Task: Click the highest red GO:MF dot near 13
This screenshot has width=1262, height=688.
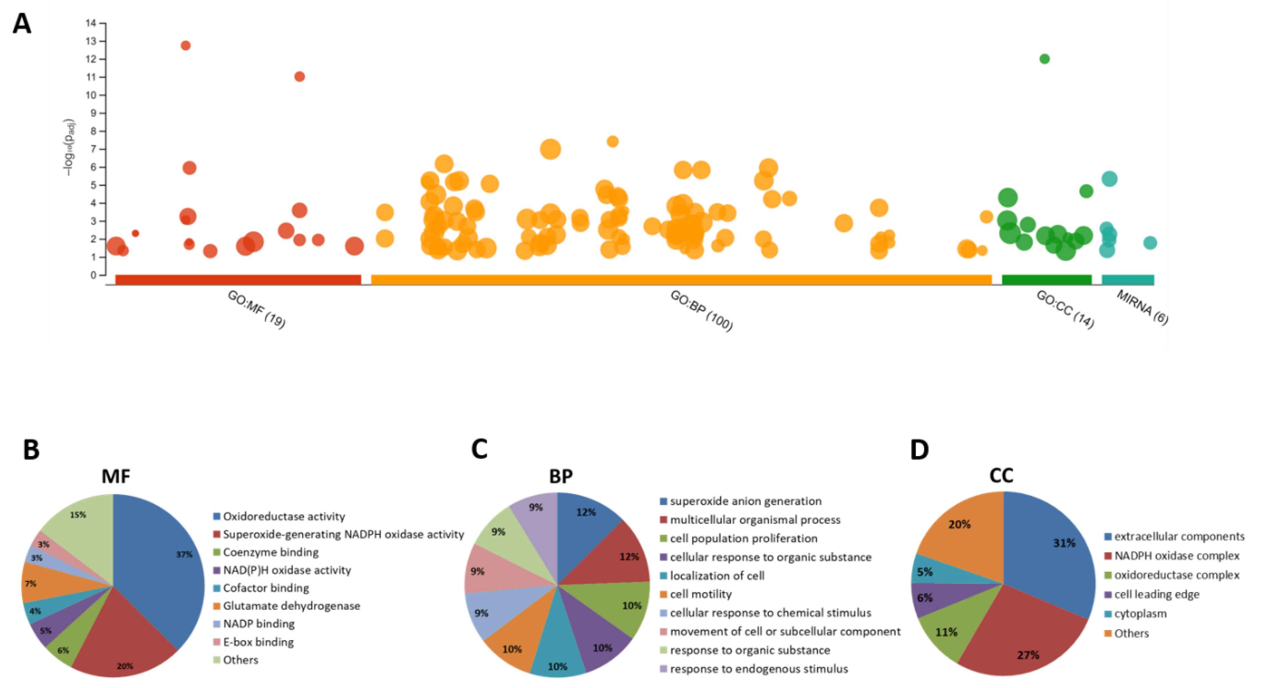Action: pos(186,46)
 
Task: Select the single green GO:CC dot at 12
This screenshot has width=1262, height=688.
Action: pos(1045,59)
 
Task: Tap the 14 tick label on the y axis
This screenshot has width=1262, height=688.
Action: pos(91,23)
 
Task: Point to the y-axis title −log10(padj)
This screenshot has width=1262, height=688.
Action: pos(70,147)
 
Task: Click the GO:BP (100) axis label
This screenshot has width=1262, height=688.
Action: pos(701,310)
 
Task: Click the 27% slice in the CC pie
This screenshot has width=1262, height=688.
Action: pos(1019,637)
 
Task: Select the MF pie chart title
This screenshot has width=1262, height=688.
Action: pos(116,476)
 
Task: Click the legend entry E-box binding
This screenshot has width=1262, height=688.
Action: pos(258,642)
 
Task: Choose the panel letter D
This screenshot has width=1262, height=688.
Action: pos(919,449)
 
